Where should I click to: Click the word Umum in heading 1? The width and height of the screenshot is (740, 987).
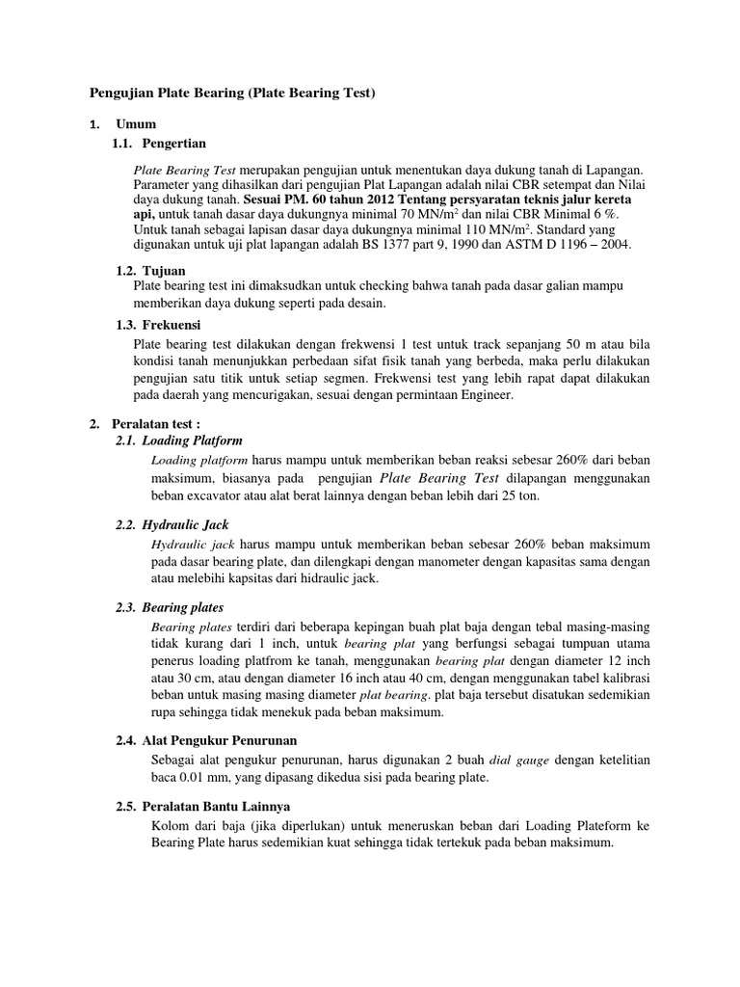136,124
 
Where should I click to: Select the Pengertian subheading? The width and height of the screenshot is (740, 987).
174,143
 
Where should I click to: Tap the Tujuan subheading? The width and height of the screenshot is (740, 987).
164,271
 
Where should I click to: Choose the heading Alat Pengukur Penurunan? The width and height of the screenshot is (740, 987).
220,740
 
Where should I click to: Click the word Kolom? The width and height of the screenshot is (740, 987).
171,825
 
